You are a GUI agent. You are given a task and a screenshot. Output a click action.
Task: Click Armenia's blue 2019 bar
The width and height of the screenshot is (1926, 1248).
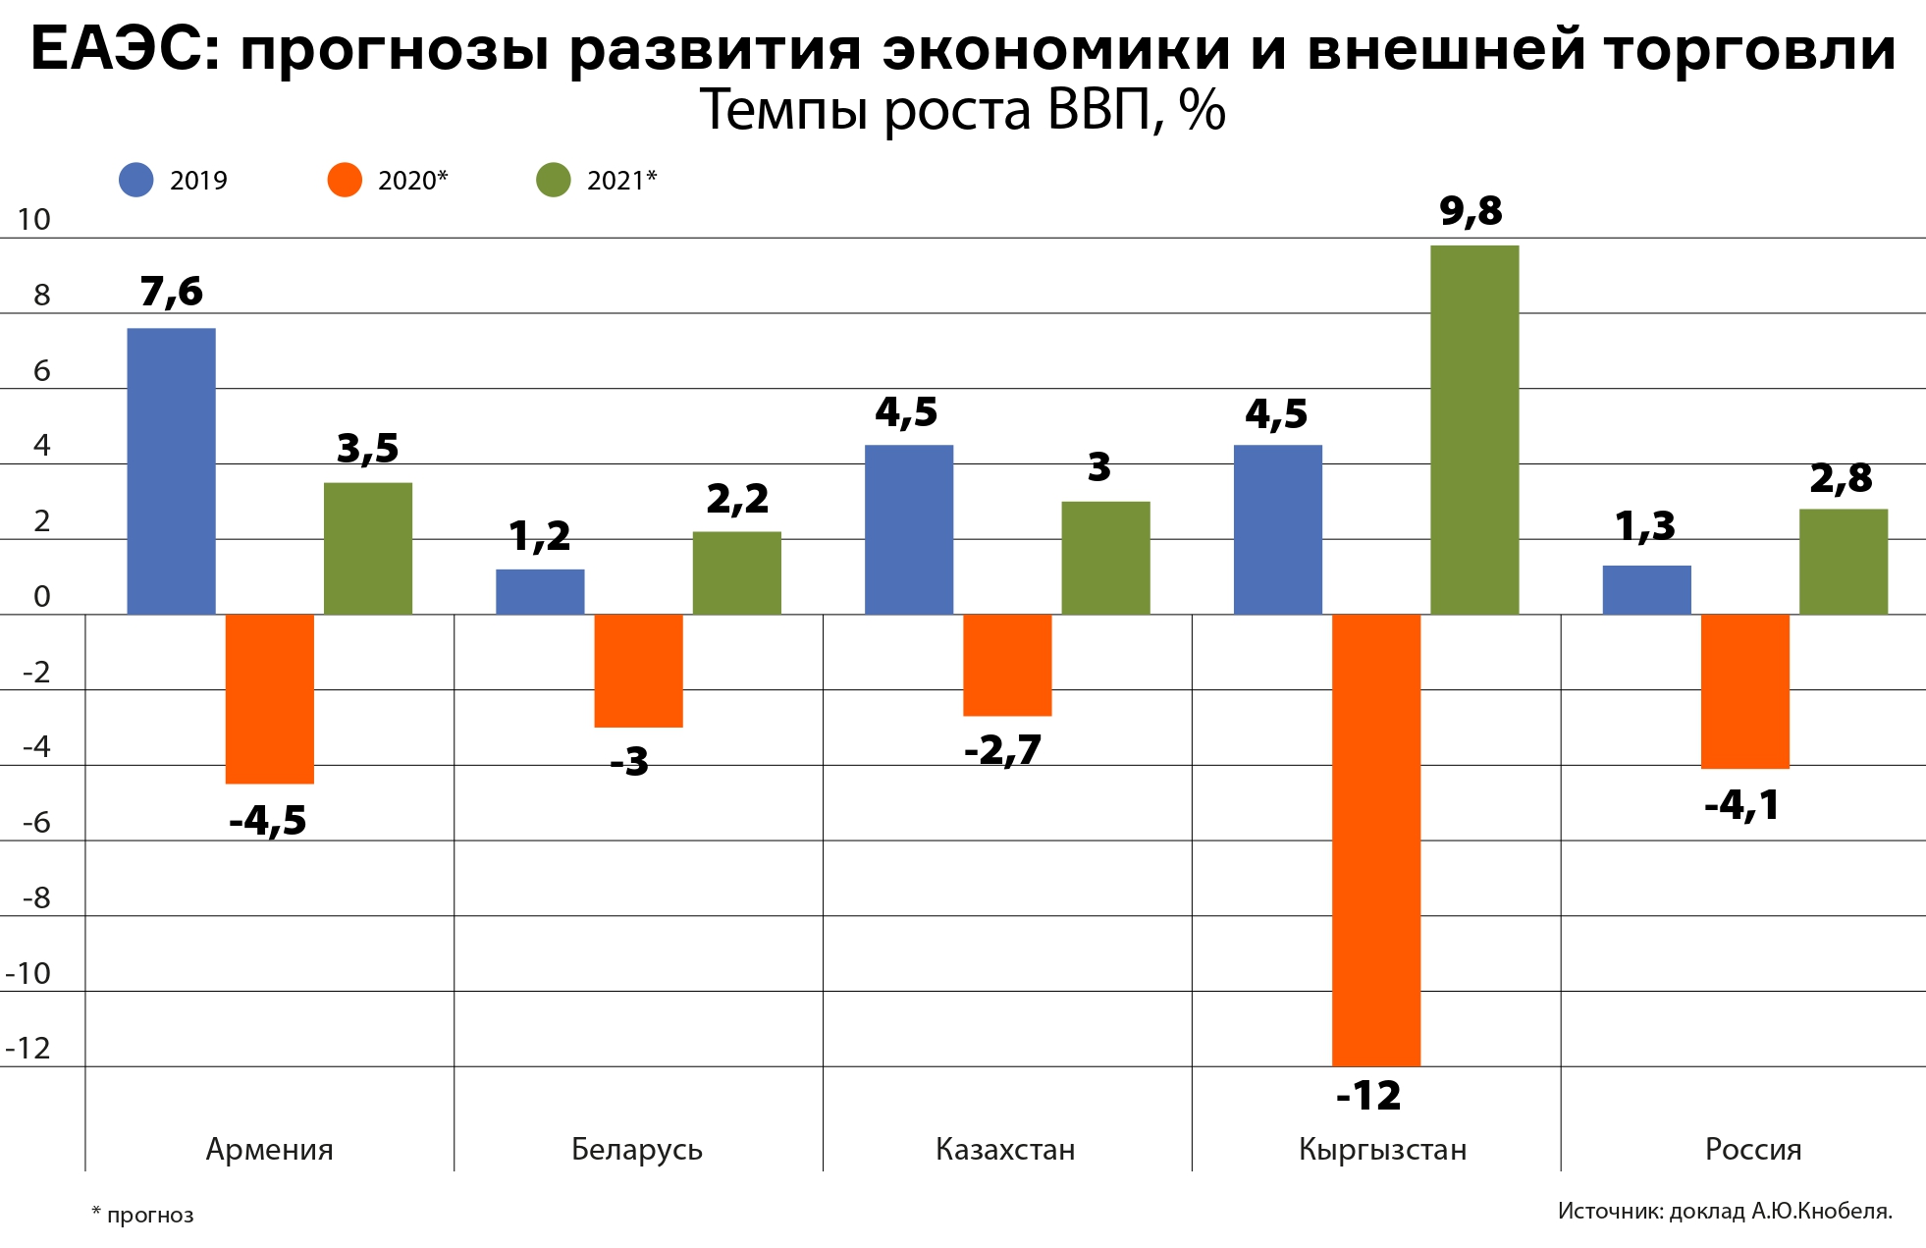(x=172, y=471)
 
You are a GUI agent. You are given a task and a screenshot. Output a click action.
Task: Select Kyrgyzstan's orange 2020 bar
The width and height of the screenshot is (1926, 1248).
(x=1375, y=840)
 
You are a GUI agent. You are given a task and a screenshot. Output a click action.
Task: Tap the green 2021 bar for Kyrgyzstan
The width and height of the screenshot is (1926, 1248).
(x=1474, y=430)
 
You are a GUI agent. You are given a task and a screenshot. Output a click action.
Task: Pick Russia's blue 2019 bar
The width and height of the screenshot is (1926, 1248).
(x=1646, y=590)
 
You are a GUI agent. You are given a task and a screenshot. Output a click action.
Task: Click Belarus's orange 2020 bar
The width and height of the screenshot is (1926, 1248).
(x=638, y=671)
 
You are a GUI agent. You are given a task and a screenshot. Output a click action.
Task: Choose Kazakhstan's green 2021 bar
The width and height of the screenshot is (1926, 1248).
(x=1105, y=558)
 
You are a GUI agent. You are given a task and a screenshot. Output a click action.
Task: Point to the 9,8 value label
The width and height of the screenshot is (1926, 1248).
(x=1471, y=211)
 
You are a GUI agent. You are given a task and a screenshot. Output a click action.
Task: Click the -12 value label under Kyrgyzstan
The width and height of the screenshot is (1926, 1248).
(x=1368, y=1095)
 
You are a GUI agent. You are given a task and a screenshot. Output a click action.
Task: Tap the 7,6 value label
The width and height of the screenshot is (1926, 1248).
(x=172, y=292)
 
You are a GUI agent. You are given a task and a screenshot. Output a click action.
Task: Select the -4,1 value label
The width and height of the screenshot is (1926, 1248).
(x=1741, y=806)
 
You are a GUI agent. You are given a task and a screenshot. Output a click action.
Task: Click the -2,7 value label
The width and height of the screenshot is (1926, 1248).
(x=1002, y=751)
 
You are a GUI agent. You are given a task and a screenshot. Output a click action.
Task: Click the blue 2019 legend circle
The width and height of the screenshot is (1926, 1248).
(x=136, y=180)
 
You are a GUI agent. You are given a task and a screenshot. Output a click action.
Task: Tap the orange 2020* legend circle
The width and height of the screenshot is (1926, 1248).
(x=345, y=180)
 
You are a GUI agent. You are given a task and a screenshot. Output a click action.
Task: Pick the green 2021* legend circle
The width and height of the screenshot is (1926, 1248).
(x=554, y=180)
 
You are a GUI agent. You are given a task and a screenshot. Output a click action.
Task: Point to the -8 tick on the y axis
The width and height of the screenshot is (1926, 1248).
(x=37, y=898)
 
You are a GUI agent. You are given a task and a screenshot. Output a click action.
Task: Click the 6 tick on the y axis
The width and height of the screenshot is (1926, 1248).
(x=41, y=371)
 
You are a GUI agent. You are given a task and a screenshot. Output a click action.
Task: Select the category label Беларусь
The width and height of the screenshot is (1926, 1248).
(x=637, y=1149)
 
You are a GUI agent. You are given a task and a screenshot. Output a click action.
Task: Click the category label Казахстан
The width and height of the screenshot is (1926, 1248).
(x=1005, y=1149)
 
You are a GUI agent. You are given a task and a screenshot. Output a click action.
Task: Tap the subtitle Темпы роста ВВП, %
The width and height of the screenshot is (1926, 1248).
(x=962, y=110)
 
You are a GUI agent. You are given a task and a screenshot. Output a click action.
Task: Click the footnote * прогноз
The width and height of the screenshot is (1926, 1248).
(x=143, y=1216)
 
